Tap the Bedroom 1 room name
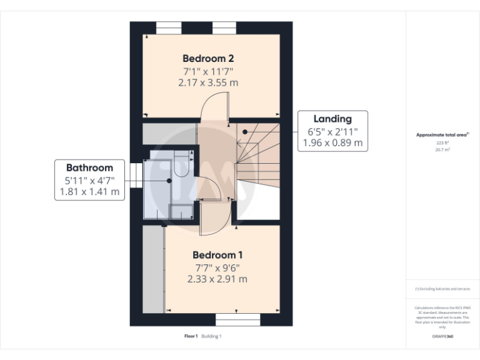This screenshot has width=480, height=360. (217, 255)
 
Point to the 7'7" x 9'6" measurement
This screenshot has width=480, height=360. (217, 267)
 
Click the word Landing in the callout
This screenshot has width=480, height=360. (332, 119)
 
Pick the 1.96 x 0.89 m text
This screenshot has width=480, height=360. (332, 142)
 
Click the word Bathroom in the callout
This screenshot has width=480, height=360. (89, 167)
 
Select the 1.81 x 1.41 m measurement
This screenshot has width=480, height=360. (89, 192)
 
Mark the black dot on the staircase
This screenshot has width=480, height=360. (245, 132)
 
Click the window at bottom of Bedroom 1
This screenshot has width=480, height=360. (237, 320)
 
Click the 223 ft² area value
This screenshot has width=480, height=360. (442, 142)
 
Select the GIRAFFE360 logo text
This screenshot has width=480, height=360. (442, 336)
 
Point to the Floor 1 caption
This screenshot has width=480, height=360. (191, 336)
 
